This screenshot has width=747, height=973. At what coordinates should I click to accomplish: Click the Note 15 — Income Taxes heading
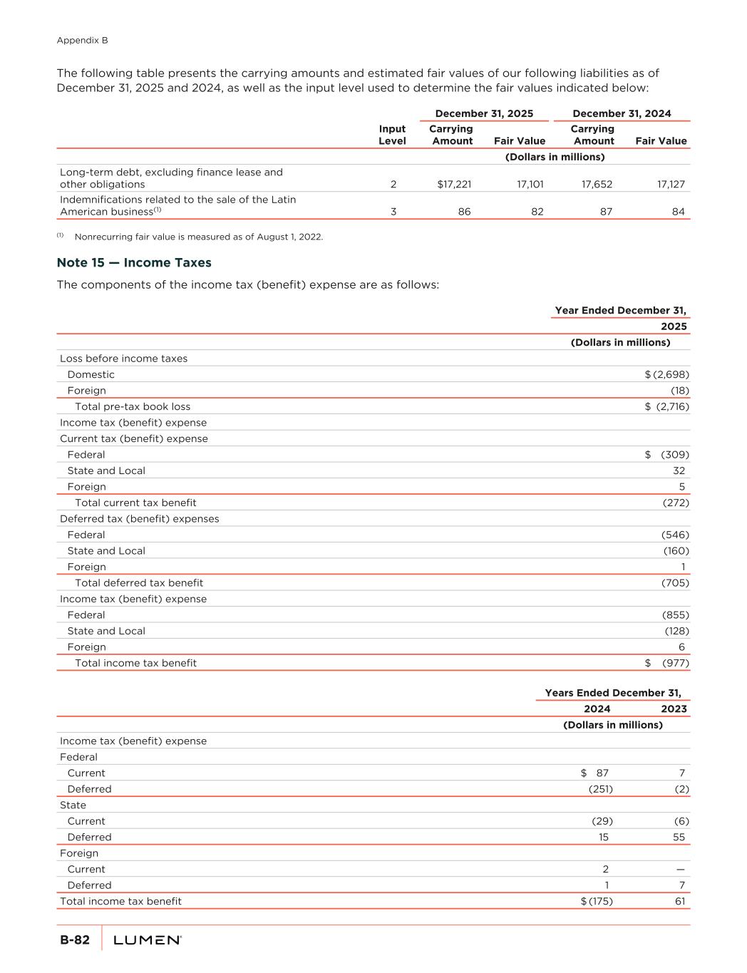[134, 263]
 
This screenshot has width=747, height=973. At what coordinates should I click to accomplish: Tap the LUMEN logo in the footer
[148, 940]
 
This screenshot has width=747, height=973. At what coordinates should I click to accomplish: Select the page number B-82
[75, 940]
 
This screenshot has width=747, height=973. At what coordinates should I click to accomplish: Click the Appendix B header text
[82, 41]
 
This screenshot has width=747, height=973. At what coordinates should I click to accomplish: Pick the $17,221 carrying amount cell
[454, 184]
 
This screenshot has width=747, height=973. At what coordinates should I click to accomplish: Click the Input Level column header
[392, 135]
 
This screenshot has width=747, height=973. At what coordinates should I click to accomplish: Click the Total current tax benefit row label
[135, 503]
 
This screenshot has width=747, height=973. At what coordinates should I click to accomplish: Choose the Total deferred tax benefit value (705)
[675, 583]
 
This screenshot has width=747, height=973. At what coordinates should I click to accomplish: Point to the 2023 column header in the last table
[674, 709]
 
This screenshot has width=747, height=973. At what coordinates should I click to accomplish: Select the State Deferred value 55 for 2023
[679, 837]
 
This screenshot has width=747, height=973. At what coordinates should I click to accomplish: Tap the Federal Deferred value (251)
[600, 789]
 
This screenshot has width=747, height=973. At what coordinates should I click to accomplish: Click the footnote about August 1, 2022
[198, 237]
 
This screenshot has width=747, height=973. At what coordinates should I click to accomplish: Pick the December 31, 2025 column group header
[484, 113]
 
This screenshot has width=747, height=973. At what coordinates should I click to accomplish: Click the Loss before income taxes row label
[123, 359]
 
